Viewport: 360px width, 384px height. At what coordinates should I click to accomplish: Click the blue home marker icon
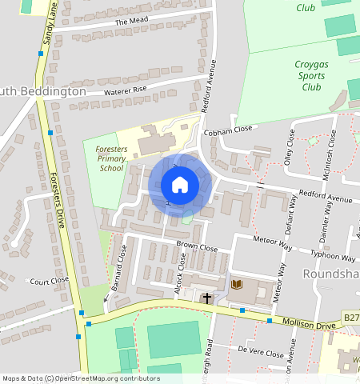[x=180, y=185]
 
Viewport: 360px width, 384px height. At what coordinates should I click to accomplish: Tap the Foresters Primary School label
[x=111, y=159]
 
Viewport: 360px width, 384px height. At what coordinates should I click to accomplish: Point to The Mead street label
[x=132, y=22]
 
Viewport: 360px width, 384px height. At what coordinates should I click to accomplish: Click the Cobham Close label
[x=228, y=130]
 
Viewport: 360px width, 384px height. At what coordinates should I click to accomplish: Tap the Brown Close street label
[x=197, y=248]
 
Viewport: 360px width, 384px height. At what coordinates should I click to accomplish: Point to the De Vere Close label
[x=261, y=353]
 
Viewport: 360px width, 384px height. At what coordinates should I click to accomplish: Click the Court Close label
[x=49, y=282]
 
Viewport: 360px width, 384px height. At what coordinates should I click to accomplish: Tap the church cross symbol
[x=207, y=298]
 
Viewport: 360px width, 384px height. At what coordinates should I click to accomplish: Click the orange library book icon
[x=236, y=284]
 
